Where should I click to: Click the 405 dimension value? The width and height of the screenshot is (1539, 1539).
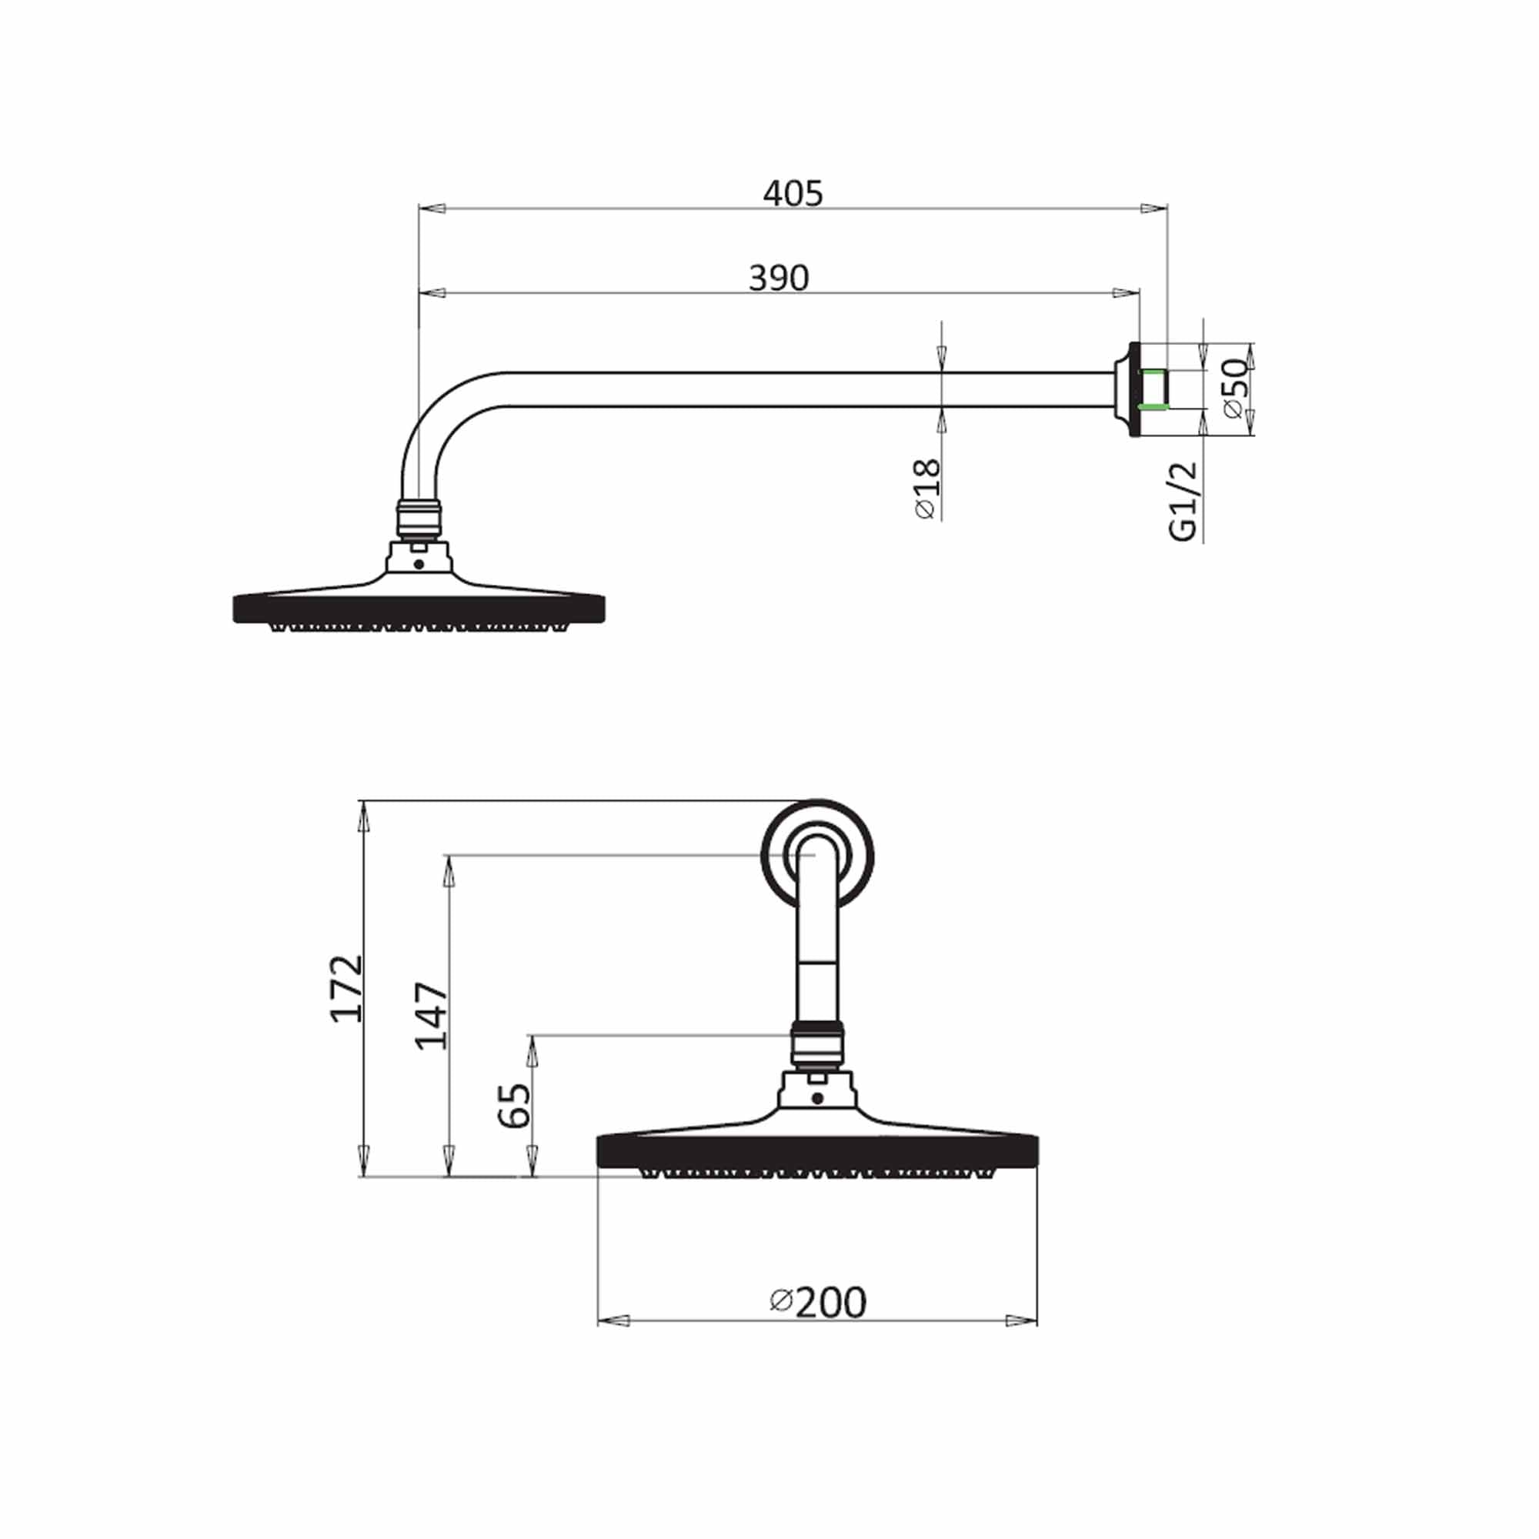(x=793, y=194)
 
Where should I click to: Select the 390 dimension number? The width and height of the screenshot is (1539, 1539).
(x=778, y=278)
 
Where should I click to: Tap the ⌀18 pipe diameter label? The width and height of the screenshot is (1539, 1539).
(x=928, y=489)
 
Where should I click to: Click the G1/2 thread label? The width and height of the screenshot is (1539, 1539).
(x=1183, y=501)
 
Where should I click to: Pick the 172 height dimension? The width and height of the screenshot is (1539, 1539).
(x=347, y=989)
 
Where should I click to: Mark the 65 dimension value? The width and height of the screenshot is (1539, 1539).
(x=515, y=1105)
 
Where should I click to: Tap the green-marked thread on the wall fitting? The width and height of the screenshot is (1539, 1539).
(x=1153, y=389)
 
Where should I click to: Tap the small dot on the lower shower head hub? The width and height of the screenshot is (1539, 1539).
(x=817, y=1098)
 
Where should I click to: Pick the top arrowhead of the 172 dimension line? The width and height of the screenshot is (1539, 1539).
(x=364, y=816)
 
